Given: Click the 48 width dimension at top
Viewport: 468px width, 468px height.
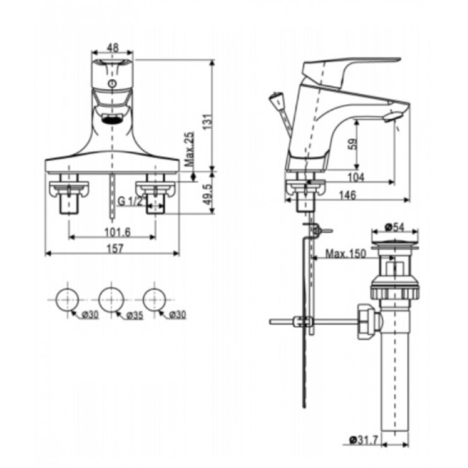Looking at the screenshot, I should coord(112,47).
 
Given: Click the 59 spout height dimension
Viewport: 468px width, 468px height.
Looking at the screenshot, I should coord(354,144).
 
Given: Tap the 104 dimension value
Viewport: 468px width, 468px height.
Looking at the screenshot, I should coord(357,178).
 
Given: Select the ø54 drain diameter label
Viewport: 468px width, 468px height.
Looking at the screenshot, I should coord(395,226).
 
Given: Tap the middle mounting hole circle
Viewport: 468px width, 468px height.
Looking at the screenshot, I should coord(111,297).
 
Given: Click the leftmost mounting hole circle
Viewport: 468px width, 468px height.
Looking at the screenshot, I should coord(67,297).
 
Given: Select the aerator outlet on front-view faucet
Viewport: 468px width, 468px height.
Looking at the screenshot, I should coord(111,118).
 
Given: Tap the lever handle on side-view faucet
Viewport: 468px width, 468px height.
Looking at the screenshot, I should coord(354,64).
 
